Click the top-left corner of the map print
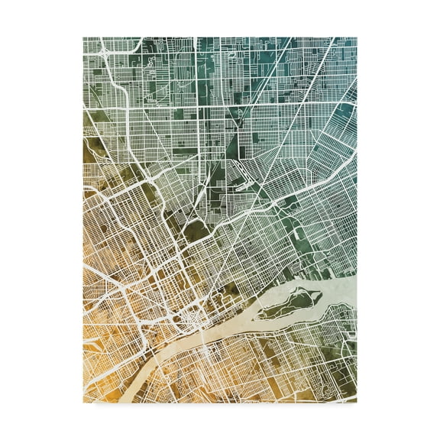(83, 37)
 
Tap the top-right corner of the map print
(357, 37)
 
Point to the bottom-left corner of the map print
(83, 402)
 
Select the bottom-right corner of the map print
(357, 402)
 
